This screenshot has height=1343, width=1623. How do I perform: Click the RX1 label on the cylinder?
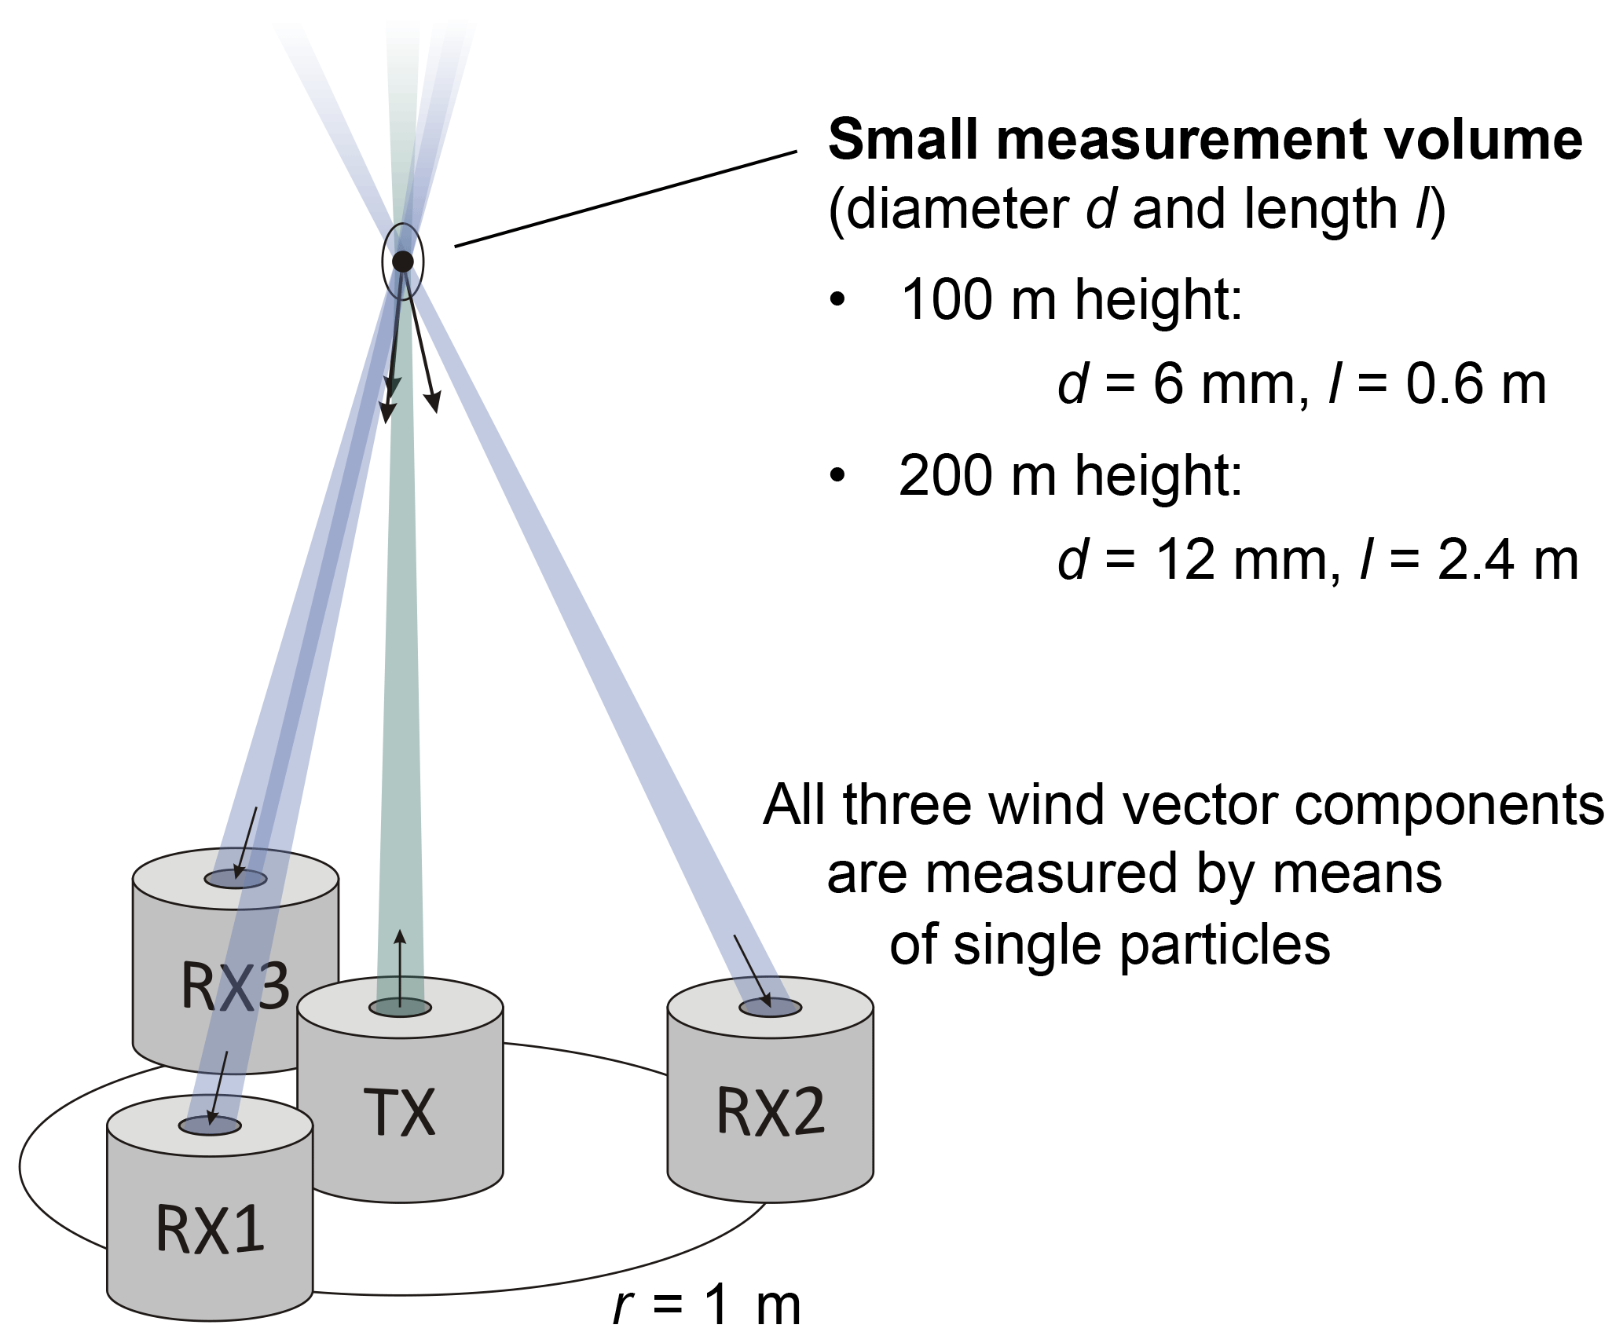pos(210,1229)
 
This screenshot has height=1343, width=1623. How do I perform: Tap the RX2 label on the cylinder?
pos(771,1111)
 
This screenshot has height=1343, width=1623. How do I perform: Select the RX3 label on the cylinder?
pos(235,986)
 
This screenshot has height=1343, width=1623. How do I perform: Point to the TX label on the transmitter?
pos(399,1113)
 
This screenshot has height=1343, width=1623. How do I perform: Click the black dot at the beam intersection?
pos(403,262)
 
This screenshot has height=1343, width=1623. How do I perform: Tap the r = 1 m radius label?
pos(707,1305)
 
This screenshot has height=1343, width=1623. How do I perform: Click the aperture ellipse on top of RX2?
pos(771,1008)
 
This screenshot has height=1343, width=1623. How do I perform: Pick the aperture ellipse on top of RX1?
pos(210,1125)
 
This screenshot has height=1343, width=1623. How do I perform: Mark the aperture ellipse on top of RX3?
pos(236,879)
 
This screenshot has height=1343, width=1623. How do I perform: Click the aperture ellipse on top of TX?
pos(400,1008)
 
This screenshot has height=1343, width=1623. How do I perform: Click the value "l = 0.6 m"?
pos(1437,385)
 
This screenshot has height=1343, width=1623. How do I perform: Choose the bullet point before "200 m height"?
pos(838,474)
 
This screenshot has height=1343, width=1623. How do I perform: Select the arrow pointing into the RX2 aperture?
pos(752,971)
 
